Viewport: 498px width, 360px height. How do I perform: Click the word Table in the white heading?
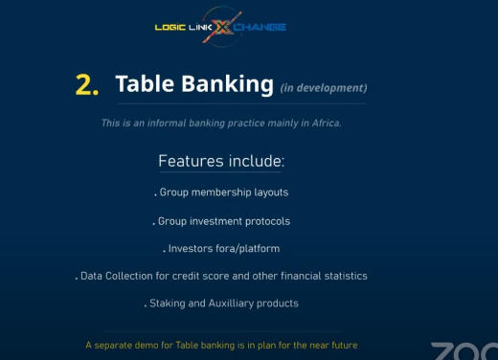tap(145, 83)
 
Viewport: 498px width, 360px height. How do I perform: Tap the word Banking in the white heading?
tap(228, 85)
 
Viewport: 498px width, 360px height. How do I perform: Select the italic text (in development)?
tap(324, 88)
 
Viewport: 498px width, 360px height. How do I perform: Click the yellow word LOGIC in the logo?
tap(170, 28)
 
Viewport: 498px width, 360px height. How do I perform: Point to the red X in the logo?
tap(222, 27)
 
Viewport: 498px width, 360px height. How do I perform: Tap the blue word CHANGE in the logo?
tap(260, 28)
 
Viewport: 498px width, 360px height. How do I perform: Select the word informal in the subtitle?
tap(167, 124)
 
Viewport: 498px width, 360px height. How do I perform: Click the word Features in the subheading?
tap(191, 161)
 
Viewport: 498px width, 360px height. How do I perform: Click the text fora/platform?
tap(248, 249)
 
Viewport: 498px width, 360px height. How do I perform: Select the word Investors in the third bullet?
tap(191, 249)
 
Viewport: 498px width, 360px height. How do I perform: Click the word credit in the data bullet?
tap(184, 276)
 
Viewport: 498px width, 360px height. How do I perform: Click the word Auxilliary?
tap(231, 304)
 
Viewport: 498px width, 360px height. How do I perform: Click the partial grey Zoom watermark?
tap(464, 351)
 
